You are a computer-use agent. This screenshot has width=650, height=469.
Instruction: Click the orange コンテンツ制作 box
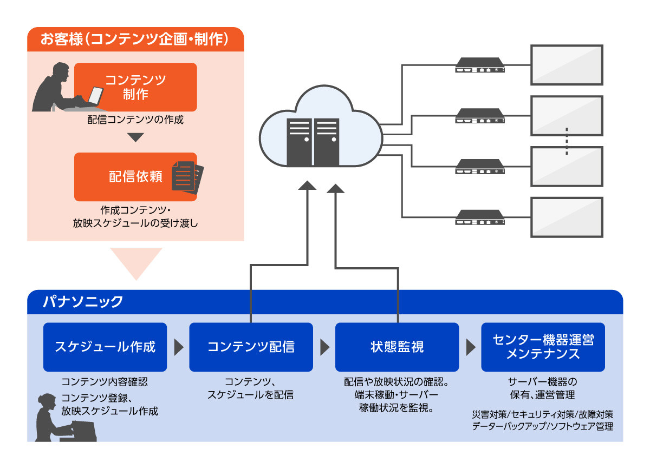tap(135, 87)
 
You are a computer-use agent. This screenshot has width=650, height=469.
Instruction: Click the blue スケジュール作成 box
tap(105, 347)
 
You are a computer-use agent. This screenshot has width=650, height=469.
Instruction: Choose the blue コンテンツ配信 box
tap(251, 347)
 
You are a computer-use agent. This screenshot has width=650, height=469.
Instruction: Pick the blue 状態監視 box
tap(396, 347)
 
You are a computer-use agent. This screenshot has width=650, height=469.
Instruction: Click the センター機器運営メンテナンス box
tap(543, 347)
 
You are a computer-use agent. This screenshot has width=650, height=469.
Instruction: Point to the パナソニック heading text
tap(83, 302)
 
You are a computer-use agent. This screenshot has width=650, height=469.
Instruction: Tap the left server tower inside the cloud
tap(300, 142)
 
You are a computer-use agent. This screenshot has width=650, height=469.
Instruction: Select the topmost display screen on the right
tap(567, 65)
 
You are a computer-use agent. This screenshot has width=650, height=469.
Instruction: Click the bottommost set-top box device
tap(480, 218)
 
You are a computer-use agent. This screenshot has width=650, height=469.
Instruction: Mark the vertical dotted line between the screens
tap(567, 142)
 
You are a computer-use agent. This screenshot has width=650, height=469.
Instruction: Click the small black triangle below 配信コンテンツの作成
tap(135, 137)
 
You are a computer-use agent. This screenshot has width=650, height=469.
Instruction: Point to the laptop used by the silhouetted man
tap(95, 96)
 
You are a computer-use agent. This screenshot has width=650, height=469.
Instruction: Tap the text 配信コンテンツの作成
tap(135, 120)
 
